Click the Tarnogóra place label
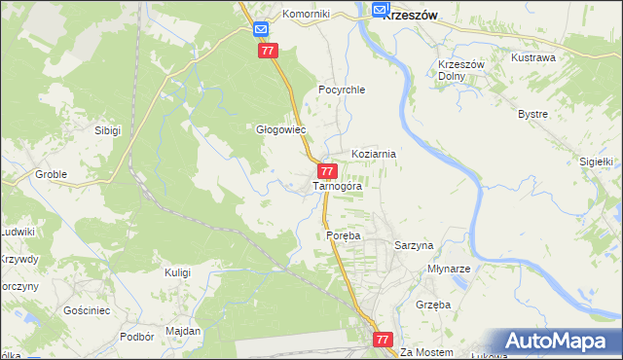337,186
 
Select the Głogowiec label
280,129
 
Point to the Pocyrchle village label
341,90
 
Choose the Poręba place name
344,236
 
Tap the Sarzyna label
413,246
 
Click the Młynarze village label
450,269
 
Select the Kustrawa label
533,57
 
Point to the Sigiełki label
595,162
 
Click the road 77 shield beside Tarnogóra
328,171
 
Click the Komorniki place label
307,15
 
